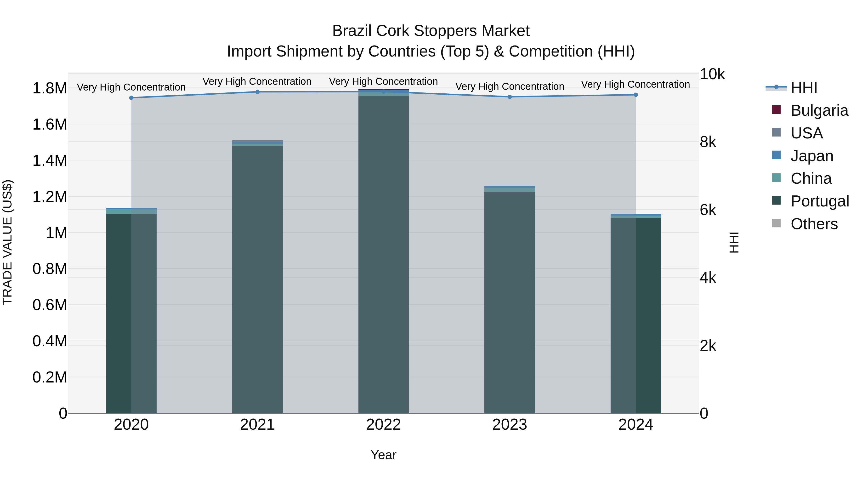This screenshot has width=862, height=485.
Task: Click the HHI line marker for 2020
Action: coord(131,98)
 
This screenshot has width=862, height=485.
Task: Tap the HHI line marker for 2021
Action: coord(257,92)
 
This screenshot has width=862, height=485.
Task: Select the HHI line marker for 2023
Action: coord(510,97)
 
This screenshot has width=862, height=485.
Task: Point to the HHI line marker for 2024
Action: coord(636,95)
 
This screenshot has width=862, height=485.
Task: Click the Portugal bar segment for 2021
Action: coord(257,279)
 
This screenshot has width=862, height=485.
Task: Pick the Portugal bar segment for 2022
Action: coord(384,254)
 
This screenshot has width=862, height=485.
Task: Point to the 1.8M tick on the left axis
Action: coord(50,89)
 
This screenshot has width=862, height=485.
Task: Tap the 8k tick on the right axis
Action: coord(708,142)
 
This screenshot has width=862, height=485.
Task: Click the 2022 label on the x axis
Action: coord(384,425)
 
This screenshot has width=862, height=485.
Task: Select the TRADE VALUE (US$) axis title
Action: coord(8,242)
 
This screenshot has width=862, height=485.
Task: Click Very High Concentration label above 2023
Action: coord(510,87)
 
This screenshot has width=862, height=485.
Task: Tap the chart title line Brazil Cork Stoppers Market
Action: coord(431,31)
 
